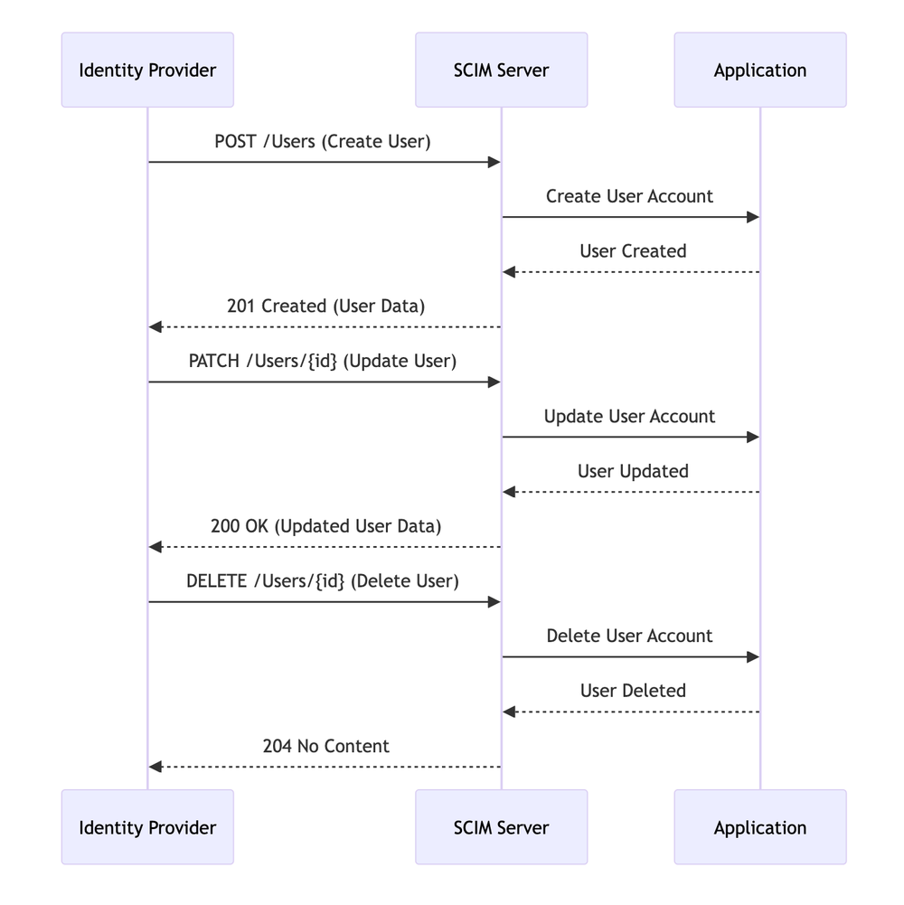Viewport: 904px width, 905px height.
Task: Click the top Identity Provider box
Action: click(x=147, y=70)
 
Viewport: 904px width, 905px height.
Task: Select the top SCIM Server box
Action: click(x=501, y=70)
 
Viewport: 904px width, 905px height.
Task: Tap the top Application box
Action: click(x=759, y=70)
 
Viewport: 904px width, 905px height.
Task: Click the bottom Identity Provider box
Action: click(x=147, y=827)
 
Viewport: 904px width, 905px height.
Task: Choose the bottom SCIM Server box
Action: click(x=501, y=827)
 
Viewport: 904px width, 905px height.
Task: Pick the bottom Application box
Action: click(x=759, y=827)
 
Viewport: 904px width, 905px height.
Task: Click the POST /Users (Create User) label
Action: click(x=323, y=141)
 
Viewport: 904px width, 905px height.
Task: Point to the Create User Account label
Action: click(x=629, y=196)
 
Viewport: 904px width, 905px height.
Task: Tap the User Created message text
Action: click(x=633, y=251)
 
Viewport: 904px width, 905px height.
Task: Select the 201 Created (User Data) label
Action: click(x=325, y=306)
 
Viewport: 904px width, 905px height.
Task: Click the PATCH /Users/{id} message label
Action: click(x=323, y=361)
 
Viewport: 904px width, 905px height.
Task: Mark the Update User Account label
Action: click(x=629, y=416)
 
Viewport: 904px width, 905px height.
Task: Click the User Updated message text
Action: click(x=633, y=471)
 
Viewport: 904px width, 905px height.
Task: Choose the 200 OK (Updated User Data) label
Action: click(x=325, y=526)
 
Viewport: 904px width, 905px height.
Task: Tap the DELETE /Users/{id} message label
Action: click(x=323, y=580)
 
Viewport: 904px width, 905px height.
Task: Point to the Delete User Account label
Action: click(x=629, y=636)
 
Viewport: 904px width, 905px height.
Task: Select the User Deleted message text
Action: click(x=633, y=691)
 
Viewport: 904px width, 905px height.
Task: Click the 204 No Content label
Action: click(x=325, y=746)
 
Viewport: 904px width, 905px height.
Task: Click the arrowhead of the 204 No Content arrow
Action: click(x=155, y=767)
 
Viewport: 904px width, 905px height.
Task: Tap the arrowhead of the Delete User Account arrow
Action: click(x=752, y=657)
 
